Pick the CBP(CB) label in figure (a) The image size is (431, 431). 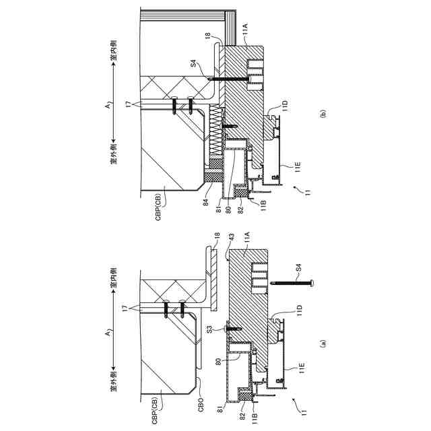(x=157, y=406)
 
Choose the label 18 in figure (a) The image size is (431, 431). (x=217, y=237)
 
